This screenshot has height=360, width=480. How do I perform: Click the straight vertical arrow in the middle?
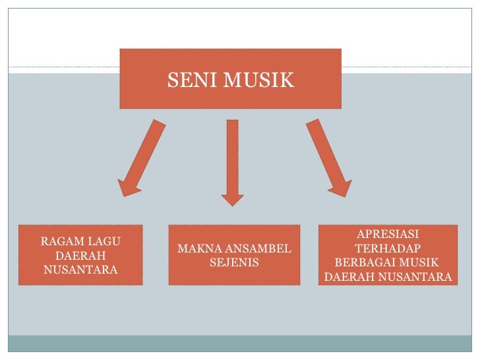tap(232, 158)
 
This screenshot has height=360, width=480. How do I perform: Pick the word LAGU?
tap(105, 241)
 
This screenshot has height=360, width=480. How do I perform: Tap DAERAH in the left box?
tap(80, 255)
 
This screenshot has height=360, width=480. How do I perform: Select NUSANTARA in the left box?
tap(80, 270)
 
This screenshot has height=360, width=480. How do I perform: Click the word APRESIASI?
tap(388, 235)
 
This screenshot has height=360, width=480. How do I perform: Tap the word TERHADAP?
tap(388, 249)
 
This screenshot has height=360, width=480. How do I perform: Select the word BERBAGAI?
tap(361, 263)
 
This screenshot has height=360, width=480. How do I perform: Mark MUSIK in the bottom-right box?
tap(415, 263)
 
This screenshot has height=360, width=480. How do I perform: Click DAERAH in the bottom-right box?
tap(349, 278)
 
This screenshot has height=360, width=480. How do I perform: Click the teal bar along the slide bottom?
tap(240, 344)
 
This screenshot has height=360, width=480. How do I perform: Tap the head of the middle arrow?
tap(232, 197)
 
